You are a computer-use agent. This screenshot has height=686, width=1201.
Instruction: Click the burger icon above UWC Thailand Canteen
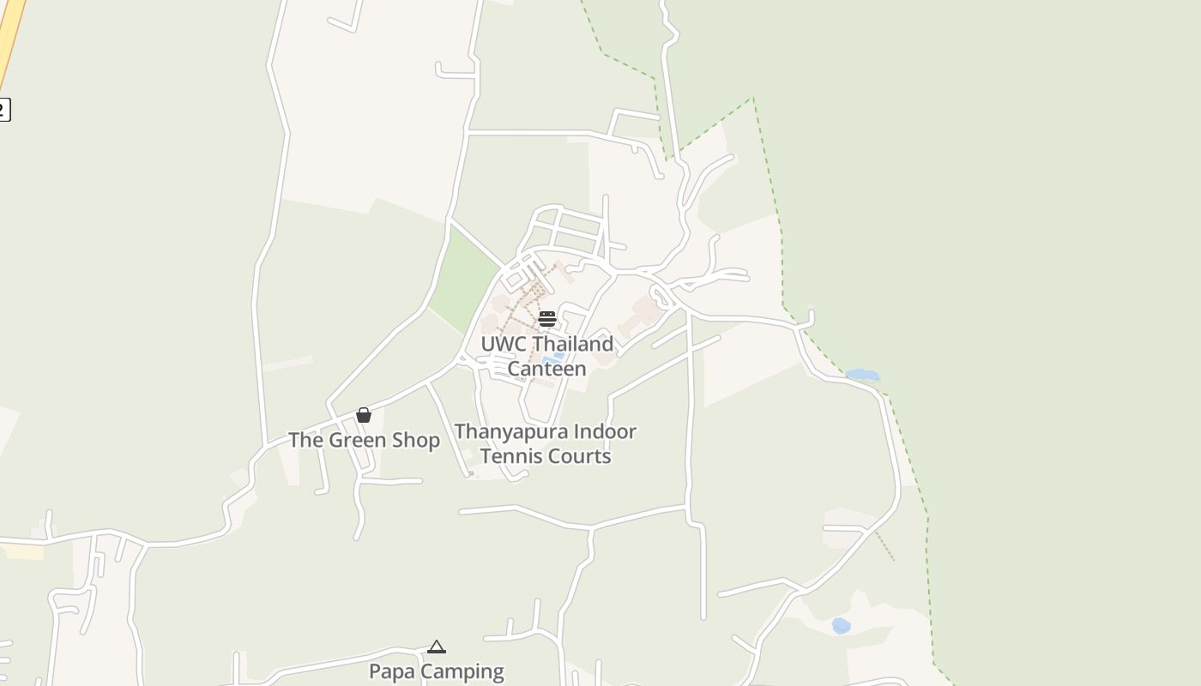click(x=547, y=319)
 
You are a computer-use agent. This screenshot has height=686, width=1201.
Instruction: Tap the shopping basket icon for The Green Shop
click(x=364, y=415)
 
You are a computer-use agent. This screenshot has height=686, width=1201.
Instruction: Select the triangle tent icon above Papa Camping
click(x=437, y=647)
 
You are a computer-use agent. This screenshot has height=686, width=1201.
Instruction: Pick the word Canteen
click(x=546, y=369)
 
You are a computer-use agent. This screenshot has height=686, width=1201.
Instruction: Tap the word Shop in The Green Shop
click(x=415, y=440)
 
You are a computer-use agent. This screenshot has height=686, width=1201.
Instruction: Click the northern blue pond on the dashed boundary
click(x=862, y=375)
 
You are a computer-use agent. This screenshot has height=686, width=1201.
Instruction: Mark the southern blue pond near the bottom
click(x=841, y=626)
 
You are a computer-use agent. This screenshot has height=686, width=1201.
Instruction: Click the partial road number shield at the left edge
click(x=4, y=110)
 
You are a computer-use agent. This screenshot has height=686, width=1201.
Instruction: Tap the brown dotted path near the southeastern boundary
click(x=884, y=546)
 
